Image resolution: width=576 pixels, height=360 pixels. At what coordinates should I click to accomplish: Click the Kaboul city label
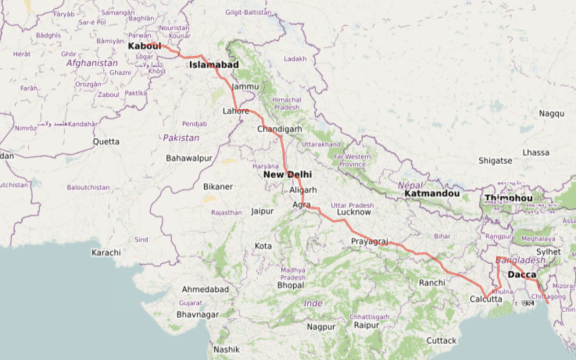click(145, 46)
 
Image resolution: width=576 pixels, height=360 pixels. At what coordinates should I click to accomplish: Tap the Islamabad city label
click(214, 65)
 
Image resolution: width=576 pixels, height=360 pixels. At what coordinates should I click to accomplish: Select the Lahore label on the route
click(236, 111)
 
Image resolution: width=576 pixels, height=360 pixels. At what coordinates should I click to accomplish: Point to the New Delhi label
click(287, 175)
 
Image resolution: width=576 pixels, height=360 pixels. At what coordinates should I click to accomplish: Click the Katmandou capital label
click(432, 194)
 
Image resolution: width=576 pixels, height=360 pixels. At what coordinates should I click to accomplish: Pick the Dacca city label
click(521, 275)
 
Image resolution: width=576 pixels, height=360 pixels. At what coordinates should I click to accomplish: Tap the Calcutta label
click(486, 299)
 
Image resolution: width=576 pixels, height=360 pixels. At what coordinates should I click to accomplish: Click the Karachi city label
click(106, 253)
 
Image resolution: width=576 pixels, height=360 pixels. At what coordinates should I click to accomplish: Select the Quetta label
click(106, 142)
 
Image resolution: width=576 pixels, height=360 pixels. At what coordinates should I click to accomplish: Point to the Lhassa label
click(535, 152)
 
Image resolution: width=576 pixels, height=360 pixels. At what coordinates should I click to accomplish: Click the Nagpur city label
click(321, 327)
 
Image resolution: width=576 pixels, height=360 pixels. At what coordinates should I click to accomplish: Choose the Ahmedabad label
click(205, 289)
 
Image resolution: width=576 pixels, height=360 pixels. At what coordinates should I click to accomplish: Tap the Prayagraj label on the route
click(370, 241)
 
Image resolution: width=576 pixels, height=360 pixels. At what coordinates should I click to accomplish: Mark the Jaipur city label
click(262, 211)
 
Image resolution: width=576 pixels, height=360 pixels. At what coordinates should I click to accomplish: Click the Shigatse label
click(495, 160)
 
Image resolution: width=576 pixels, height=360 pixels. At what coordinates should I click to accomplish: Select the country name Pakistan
click(181, 138)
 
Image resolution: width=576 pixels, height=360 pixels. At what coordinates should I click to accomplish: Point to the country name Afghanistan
click(92, 63)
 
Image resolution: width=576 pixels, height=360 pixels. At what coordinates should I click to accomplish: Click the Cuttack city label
click(442, 341)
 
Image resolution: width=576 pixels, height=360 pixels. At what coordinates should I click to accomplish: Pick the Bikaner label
click(218, 186)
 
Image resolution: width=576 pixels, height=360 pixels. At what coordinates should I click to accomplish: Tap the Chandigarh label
click(280, 129)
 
